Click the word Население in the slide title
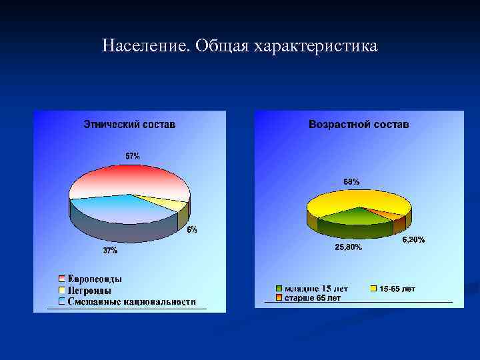[x=145, y=46]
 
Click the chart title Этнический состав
[x=129, y=125]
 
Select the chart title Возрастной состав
[x=359, y=125]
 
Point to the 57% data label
[x=133, y=156]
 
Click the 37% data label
[x=110, y=251]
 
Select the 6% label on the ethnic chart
[x=191, y=230]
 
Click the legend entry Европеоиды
[x=94, y=279]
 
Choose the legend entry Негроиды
[x=89, y=291]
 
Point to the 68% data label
[x=351, y=181]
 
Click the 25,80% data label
[x=348, y=247]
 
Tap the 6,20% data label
[x=413, y=239]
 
